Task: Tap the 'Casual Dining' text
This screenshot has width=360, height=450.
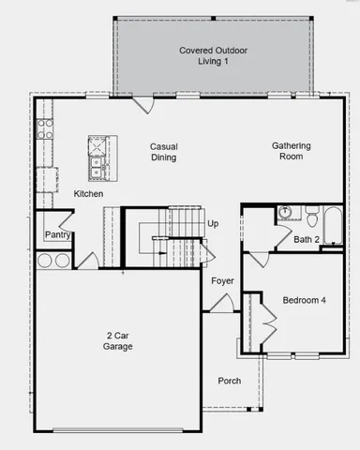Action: (163, 153)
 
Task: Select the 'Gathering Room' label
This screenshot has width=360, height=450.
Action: (291, 152)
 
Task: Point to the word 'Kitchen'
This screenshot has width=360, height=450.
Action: (88, 194)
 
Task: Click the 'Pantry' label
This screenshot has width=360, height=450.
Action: (57, 234)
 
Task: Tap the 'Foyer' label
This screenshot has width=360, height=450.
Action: (222, 280)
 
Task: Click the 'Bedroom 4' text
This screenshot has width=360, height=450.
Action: (305, 300)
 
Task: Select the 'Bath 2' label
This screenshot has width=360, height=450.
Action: (307, 240)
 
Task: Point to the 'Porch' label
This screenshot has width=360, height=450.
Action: (230, 381)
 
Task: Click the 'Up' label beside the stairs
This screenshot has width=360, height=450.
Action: (213, 224)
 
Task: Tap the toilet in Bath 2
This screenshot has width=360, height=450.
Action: (310, 216)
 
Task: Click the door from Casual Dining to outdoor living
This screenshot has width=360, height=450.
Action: (141, 104)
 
